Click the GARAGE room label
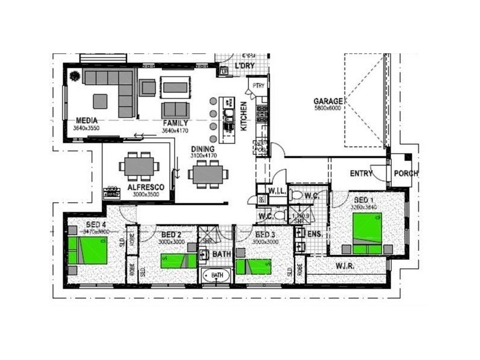click(x=328, y=101)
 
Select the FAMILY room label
click(x=175, y=123)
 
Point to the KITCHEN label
click(x=244, y=116)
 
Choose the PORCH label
click(x=406, y=174)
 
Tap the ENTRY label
click(x=361, y=174)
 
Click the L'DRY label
click(x=245, y=65)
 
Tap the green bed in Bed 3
click(x=254, y=266)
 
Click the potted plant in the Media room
click(x=75, y=77)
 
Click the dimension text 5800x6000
click(x=328, y=109)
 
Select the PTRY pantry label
click(x=259, y=86)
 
